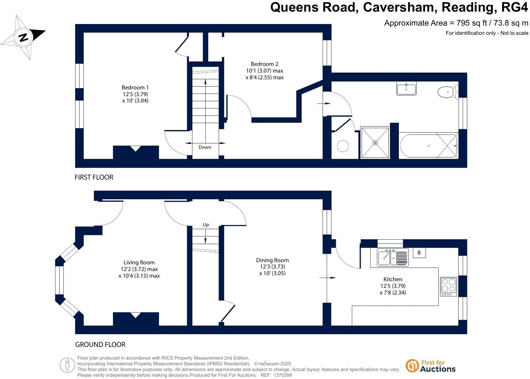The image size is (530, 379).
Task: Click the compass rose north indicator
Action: pyautogui.click(x=23, y=37)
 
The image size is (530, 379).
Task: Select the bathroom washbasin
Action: pyautogui.click(x=406, y=88)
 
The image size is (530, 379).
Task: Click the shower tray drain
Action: pyautogui.click(x=375, y=142)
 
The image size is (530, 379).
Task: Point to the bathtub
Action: pyautogui.click(x=429, y=146)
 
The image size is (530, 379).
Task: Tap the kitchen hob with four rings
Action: pyautogui.click(x=448, y=286)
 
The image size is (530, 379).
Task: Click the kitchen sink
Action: pyautogui.click(x=393, y=257)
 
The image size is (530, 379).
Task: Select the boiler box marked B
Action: pyautogui.click(x=419, y=253)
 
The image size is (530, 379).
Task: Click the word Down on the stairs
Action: pyautogui.click(x=205, y=147)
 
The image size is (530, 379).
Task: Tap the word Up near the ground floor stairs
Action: pyautogui.click(x=206, y=225)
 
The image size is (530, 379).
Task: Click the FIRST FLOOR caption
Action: pyautogui.click(x=94, y=177)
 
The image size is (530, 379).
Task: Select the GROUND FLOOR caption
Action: pyautogui.click(x=100, y=345)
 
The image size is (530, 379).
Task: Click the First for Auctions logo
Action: pyautogui.click(x=430, y=366)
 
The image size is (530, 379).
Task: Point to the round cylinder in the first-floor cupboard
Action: pyautogui.click(x=343, y=146)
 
